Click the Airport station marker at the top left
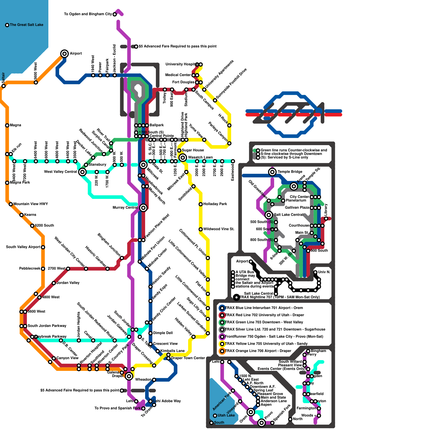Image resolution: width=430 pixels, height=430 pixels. point(64,53)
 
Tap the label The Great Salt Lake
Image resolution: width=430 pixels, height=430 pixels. point(26,25)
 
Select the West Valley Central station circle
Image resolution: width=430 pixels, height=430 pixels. point(83,172)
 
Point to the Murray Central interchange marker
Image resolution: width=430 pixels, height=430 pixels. point(143,207)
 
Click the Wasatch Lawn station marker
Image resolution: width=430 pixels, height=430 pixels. point(183,157)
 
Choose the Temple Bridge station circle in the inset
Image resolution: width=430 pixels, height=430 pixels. point(272,172)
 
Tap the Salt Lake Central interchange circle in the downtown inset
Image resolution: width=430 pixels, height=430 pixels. point(268,215)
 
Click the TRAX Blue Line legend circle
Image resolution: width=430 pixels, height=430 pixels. point(222,308)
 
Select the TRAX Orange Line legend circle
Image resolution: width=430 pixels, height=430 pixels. point(222,351)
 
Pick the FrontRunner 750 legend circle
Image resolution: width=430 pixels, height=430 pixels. point(222,336)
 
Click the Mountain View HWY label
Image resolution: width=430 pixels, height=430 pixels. point(30,204)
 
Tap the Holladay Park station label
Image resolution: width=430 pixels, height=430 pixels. point(215,204)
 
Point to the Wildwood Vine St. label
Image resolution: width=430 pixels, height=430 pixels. point(219,229)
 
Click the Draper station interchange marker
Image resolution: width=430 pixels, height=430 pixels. point(129,376)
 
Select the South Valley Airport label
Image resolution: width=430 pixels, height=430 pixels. point(23,247)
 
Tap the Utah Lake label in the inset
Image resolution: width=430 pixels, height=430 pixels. point(226,415)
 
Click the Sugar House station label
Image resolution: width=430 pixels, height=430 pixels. point(193,150)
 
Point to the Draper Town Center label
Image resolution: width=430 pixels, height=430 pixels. point(188,358)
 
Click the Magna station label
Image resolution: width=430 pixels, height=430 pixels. point(15,125)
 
